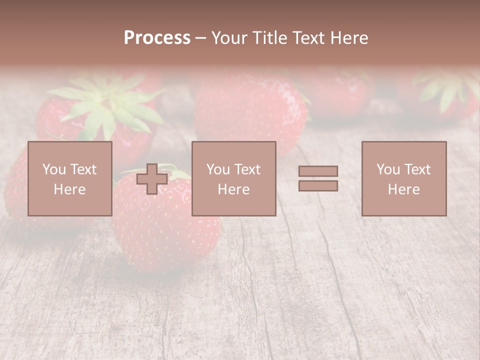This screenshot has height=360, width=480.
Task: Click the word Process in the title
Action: click(x=157, y=38)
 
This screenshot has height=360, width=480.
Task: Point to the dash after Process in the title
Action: click(x=200, y=38)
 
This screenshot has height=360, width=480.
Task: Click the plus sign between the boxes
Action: click(x=152, y=179)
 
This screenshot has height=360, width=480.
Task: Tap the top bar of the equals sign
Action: click(x=318, y=171)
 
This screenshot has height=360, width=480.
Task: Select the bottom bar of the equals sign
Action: click(x=318, y=186)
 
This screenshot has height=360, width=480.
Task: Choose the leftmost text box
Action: click(x=69, y=178)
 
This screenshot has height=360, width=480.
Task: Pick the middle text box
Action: click(x=233, y=178)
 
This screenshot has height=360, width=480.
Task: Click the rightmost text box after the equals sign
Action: click(x=403, y=178)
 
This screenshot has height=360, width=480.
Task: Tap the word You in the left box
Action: click(x=53, y=169)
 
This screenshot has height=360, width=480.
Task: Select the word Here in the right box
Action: click(x=403, y=189)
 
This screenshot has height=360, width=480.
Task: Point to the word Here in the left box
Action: click(x=69, y=189)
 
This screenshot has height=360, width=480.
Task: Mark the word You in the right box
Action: click(x=388, y=169)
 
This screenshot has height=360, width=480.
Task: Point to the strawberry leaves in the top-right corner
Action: click(x=447, y=90)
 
